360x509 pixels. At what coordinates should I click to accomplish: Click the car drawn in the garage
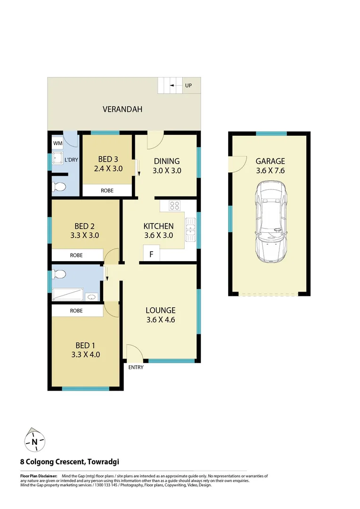(270, 222)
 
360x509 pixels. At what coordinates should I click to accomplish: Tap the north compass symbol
(34, 441)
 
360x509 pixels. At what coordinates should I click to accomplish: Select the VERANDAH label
(123, 109)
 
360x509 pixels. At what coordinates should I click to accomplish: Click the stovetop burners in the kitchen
(174, 205)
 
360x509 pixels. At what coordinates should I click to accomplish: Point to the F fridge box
(151, 254)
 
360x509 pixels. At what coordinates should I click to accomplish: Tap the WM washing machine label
(57, 143)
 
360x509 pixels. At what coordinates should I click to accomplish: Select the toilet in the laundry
(59, 187)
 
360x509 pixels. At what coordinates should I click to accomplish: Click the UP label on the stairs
(188, 85)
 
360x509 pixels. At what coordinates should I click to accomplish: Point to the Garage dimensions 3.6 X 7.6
(270, 171)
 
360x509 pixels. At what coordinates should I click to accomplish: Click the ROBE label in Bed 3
(107, 191)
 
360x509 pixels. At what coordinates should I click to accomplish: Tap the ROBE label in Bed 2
(76, 255)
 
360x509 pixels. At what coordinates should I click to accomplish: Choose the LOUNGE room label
(160, 310)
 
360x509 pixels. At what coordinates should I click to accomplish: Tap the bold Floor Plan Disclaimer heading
(39, 476)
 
